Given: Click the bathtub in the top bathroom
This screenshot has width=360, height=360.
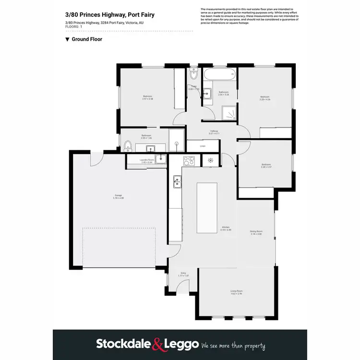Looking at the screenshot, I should [219, 74].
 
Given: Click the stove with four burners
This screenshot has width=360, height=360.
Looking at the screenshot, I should [189, 160].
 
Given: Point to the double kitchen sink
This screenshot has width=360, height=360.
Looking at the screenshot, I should [177, 181].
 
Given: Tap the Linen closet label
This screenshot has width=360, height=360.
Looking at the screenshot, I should [203, 145].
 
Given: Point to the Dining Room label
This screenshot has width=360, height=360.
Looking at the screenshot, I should [256, 232].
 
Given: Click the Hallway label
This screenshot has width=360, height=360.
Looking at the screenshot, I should [214, 132].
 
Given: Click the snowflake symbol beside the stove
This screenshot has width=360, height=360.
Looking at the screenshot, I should [210, 160].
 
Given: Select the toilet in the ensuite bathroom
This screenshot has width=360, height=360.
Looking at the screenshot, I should [128, 146].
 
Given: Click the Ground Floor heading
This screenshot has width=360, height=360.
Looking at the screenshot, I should [86, 39].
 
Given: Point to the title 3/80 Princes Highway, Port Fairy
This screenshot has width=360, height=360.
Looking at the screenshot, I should [110, 15].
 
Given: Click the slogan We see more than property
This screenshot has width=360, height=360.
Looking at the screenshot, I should [233, 345].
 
